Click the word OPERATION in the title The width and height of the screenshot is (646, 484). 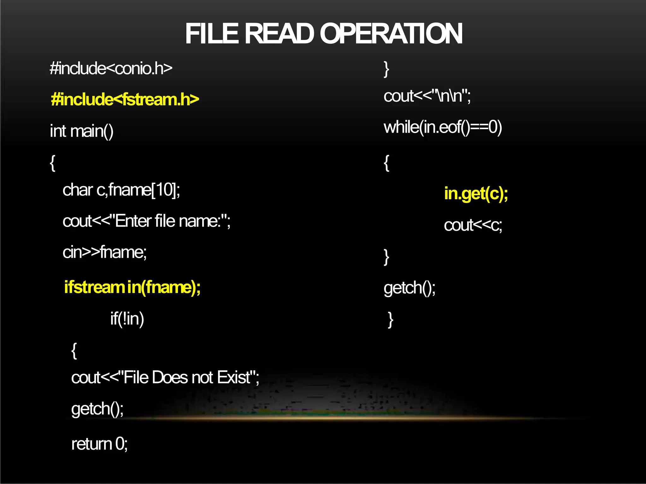(x=391, y=34)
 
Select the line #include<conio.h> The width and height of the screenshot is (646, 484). (x=111, y=68)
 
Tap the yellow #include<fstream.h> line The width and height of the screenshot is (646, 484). (x=125, y=100)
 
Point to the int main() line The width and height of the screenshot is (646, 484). (x=82, y=131)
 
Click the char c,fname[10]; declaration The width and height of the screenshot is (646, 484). (x=121, y=190)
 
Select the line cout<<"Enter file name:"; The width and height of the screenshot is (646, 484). (x=146, y=221)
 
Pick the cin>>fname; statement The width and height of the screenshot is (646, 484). (x=104, y=252)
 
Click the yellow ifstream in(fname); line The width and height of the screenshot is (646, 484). (x=132, y=287)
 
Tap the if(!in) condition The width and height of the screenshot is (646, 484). (x=127, y=319)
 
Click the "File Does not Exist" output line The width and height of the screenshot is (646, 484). (x=165, y=377)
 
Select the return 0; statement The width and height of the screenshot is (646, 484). (x=99, y=444)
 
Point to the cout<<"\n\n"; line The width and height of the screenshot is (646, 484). (x=427, y=96)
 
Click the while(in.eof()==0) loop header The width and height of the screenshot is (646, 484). (x=443, y=127)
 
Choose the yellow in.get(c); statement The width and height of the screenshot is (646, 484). (x=476, y=193)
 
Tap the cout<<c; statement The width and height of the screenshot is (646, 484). (x=473, y=225)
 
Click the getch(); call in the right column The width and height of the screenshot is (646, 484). (x=409, y=288)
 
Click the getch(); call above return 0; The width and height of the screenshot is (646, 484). (x=97, y=409)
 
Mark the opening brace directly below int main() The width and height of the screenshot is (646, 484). (x=53, y=163)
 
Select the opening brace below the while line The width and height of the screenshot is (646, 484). (x=386, y=163)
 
